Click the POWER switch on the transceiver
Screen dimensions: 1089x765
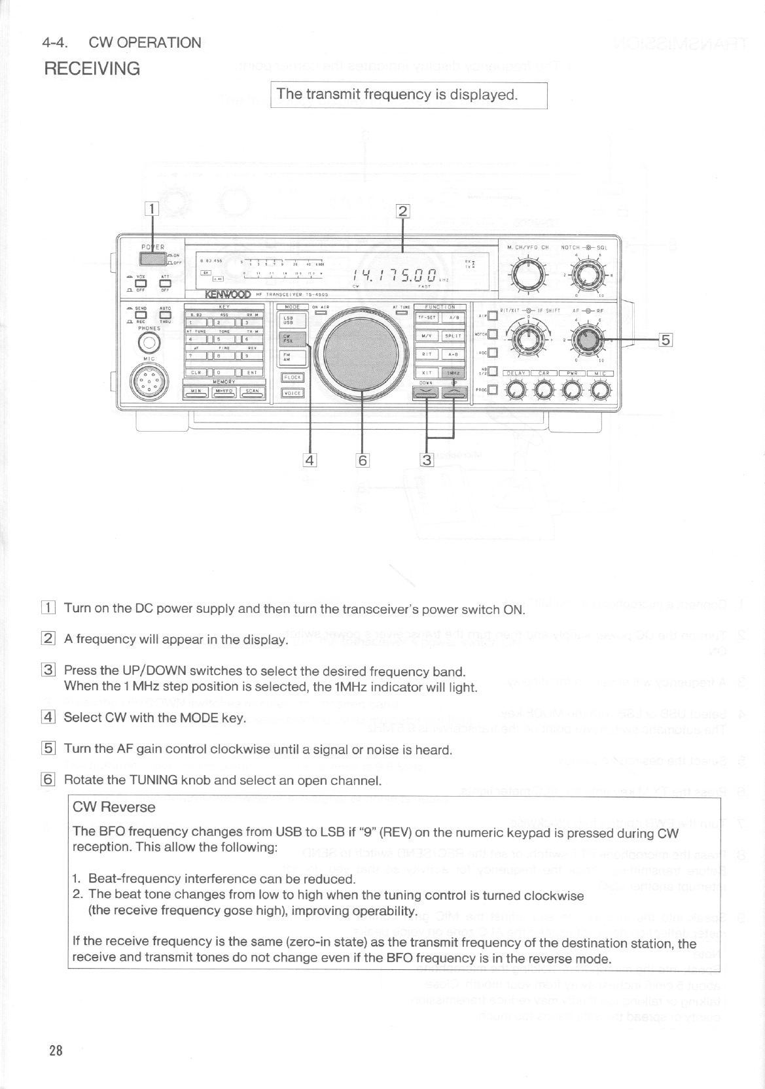[152, 258]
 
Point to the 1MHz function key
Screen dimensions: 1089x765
[454, 373]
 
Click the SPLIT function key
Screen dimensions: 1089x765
[454, 336]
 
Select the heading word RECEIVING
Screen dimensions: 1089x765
[92, 69]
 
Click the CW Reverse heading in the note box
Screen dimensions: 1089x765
[114, 807]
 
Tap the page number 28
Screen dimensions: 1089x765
[56, 1051]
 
